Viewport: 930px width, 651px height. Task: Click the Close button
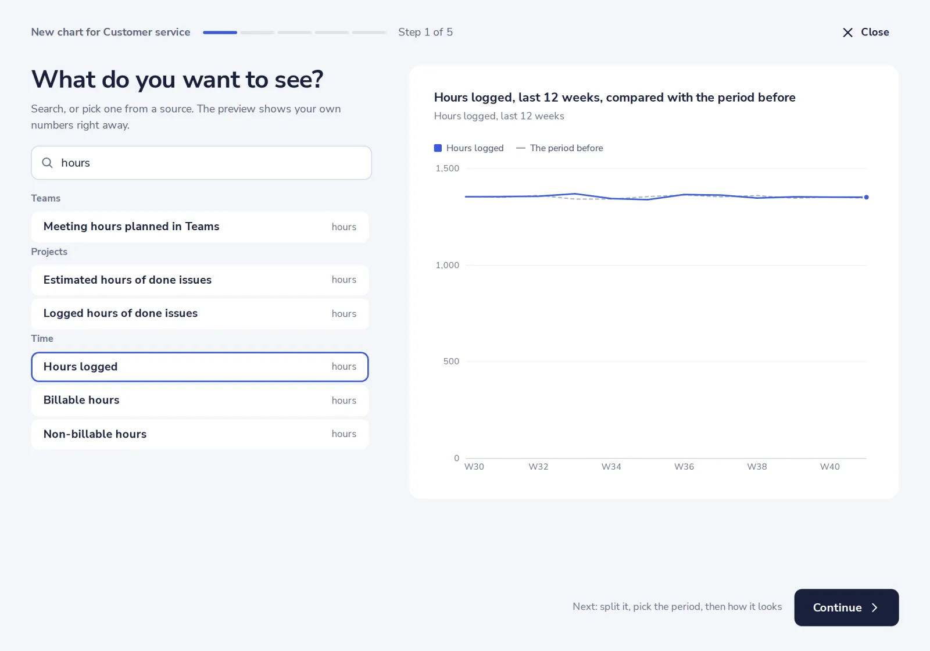pos(865,33)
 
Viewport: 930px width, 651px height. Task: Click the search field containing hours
pos(201,163)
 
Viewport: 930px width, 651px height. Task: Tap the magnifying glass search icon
pos(47,163)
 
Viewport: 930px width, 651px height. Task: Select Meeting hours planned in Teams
pos(200,227)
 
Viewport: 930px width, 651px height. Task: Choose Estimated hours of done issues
pos(200,280)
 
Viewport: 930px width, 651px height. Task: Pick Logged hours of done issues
pos(200,313)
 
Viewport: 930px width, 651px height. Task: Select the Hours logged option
pos(200,367)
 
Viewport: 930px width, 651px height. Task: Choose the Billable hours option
pos(200,400)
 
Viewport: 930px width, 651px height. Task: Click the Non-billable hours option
pos(200,434)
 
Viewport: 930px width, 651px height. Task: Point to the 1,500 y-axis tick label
pos(447,169)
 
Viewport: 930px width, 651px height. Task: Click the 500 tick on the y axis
pos(451,361)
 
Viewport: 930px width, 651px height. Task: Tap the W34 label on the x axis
pos(611,467)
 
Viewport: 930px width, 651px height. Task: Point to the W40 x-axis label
pos(829,467)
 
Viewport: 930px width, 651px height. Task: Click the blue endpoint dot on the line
pos(867,197)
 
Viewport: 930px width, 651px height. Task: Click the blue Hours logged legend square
pos(438,148)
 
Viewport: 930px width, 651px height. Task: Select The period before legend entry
pos(559,148)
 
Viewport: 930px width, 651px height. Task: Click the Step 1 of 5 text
pos(425,33)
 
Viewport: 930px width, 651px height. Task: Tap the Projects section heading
pos(49,252)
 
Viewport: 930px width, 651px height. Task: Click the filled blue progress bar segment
pos(220,33)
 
